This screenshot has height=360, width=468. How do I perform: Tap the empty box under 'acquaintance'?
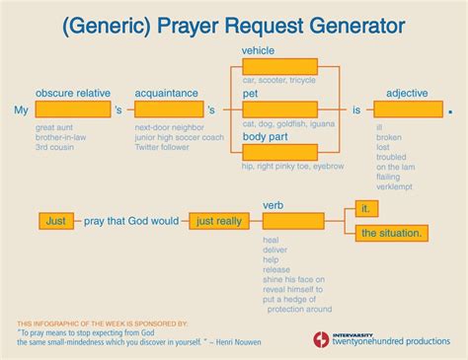(167, 109)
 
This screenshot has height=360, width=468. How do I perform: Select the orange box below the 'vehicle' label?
(279, 66)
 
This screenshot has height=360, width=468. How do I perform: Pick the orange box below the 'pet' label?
(279, 109)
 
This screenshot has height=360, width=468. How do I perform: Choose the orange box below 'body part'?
(279, 150)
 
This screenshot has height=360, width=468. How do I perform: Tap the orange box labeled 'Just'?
(56, 221)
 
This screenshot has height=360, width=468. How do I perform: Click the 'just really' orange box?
(219, 221)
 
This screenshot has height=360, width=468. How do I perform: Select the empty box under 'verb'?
(293, 222)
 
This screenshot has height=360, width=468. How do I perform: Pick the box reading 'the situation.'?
(392, 233)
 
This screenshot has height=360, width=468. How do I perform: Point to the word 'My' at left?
(23, 110)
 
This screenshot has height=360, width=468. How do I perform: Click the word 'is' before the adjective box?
(357, 109)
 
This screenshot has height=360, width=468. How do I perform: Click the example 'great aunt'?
(56, 128)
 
